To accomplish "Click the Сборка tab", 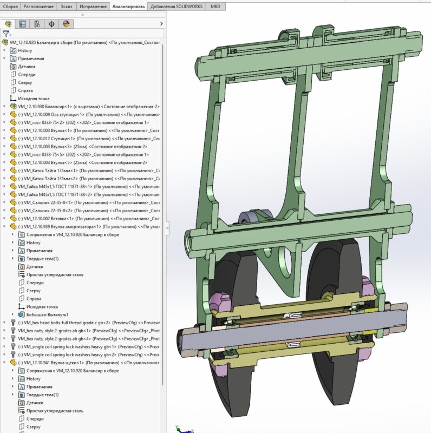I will [11, 6].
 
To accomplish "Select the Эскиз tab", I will [67, 6].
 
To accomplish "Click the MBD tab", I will [216, 6].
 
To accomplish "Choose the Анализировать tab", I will [128, 6].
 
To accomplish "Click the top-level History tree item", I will [25, 50].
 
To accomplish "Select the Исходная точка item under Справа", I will [33, 99].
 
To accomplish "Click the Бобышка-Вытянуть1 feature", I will [43, 314].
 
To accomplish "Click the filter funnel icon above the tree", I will [5, 34].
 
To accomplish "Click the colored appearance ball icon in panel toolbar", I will [67, 24].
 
